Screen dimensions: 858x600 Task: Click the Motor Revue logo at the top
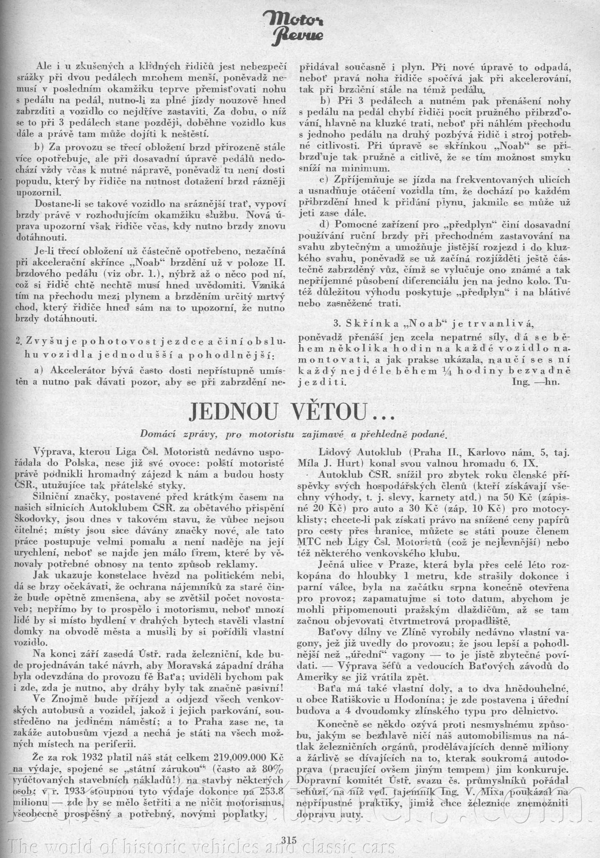tap(299, 26)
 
